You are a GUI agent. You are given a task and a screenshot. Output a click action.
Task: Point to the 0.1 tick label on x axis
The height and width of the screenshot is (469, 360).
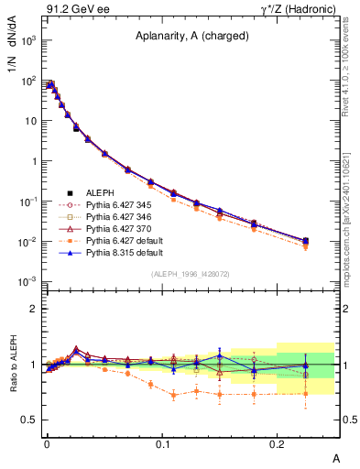click(x=162, y=443)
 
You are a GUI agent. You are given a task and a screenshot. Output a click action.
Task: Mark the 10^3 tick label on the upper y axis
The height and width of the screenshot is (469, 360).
click(x=27, y=41)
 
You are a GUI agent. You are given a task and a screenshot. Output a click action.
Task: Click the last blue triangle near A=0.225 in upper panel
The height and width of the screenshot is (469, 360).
click(x=306, y=240)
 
